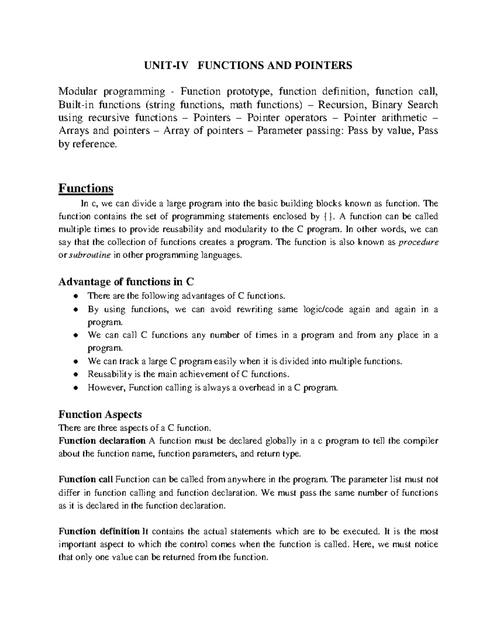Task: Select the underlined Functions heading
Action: pyautogui.click(x=86, y=188)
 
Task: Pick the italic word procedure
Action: pyautogui.click(x=418, y=242)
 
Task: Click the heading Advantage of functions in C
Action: pyautogui.click(x=126, y=282)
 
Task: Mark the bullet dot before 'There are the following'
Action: pyautogui.click(x=75, y=296)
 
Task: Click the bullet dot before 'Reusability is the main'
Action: pyautogui.click(x=75, y=374)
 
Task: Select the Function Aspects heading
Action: pyautogui.click(x=100, y=414)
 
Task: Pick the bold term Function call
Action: pyautogui.click(x=86, y=479)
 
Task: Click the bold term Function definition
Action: pyautogui.click(x=99, y=531)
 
